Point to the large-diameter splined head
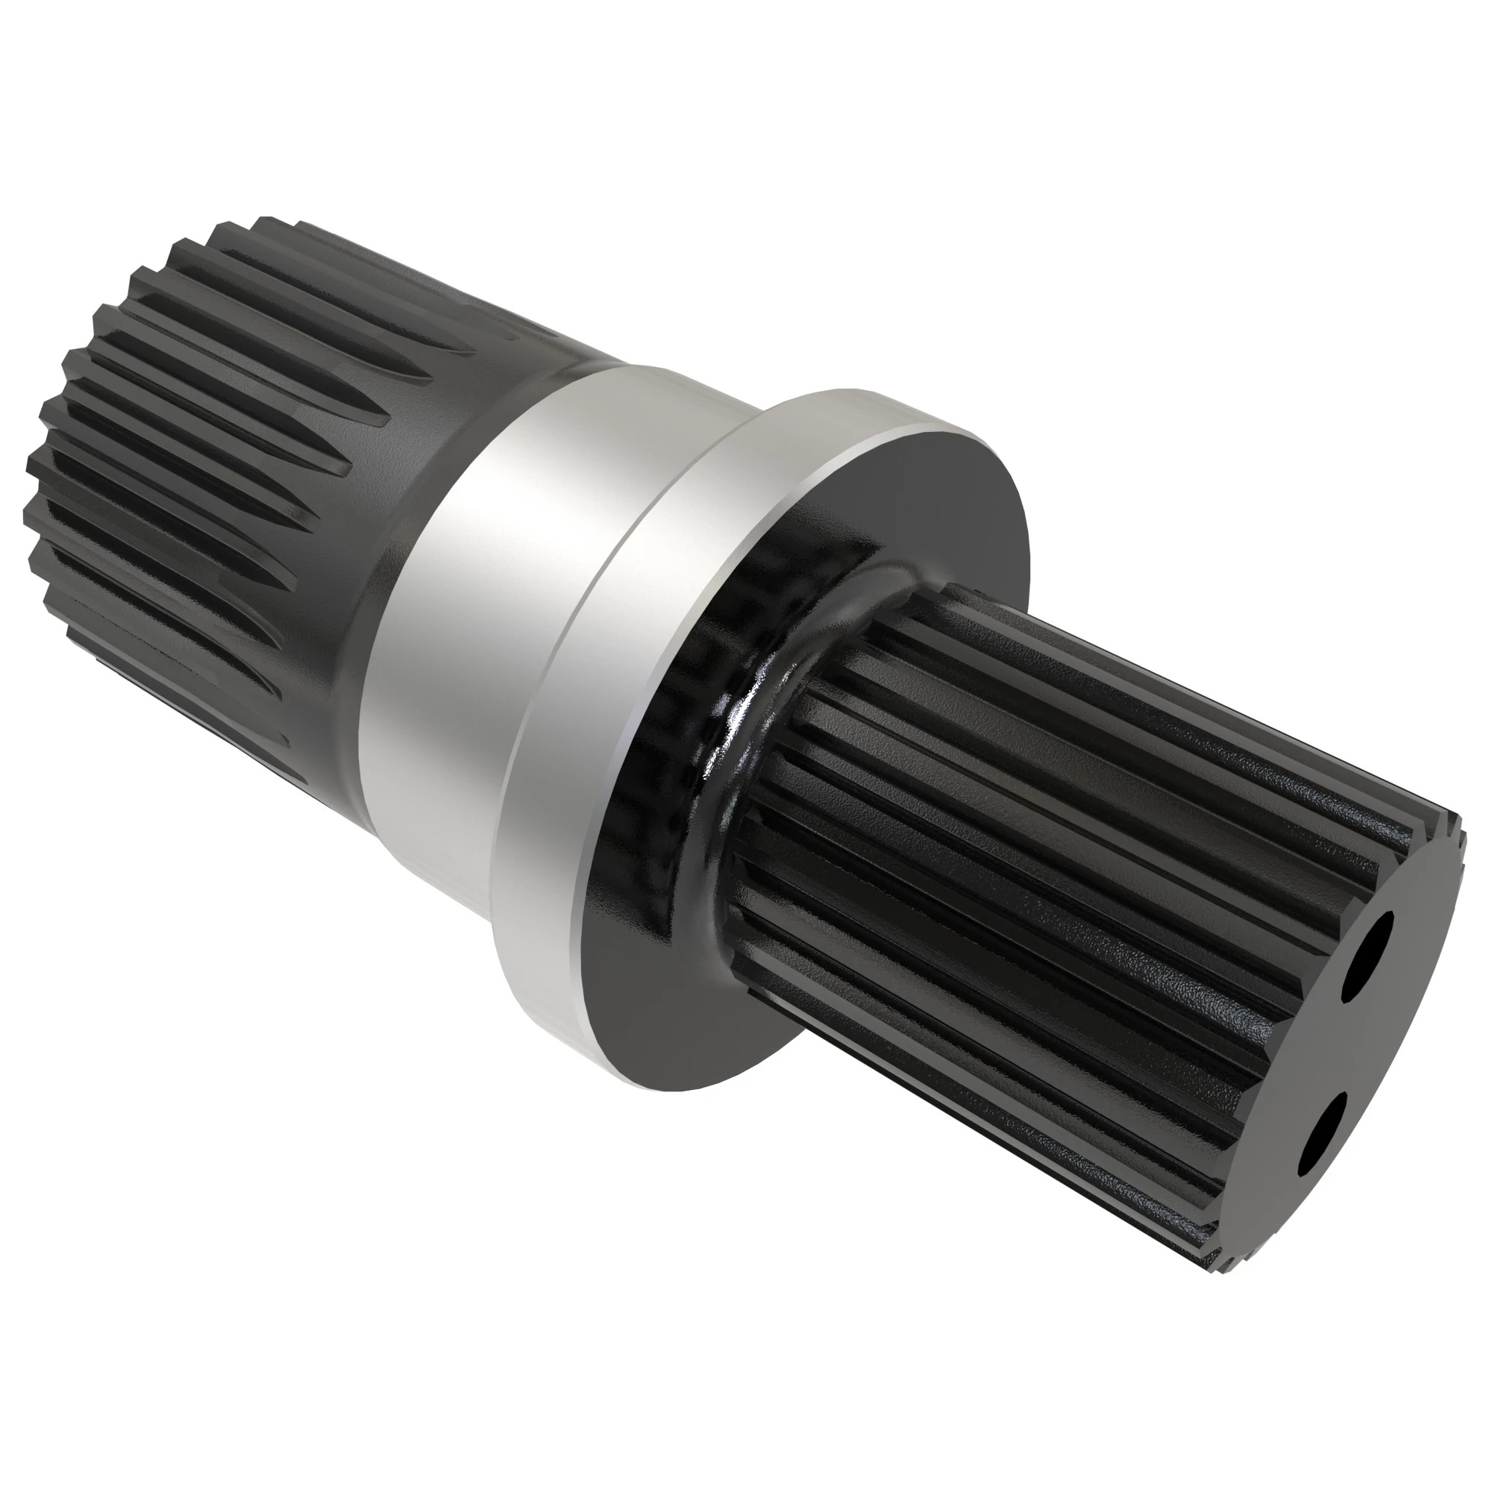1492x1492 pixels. point(193,463)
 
